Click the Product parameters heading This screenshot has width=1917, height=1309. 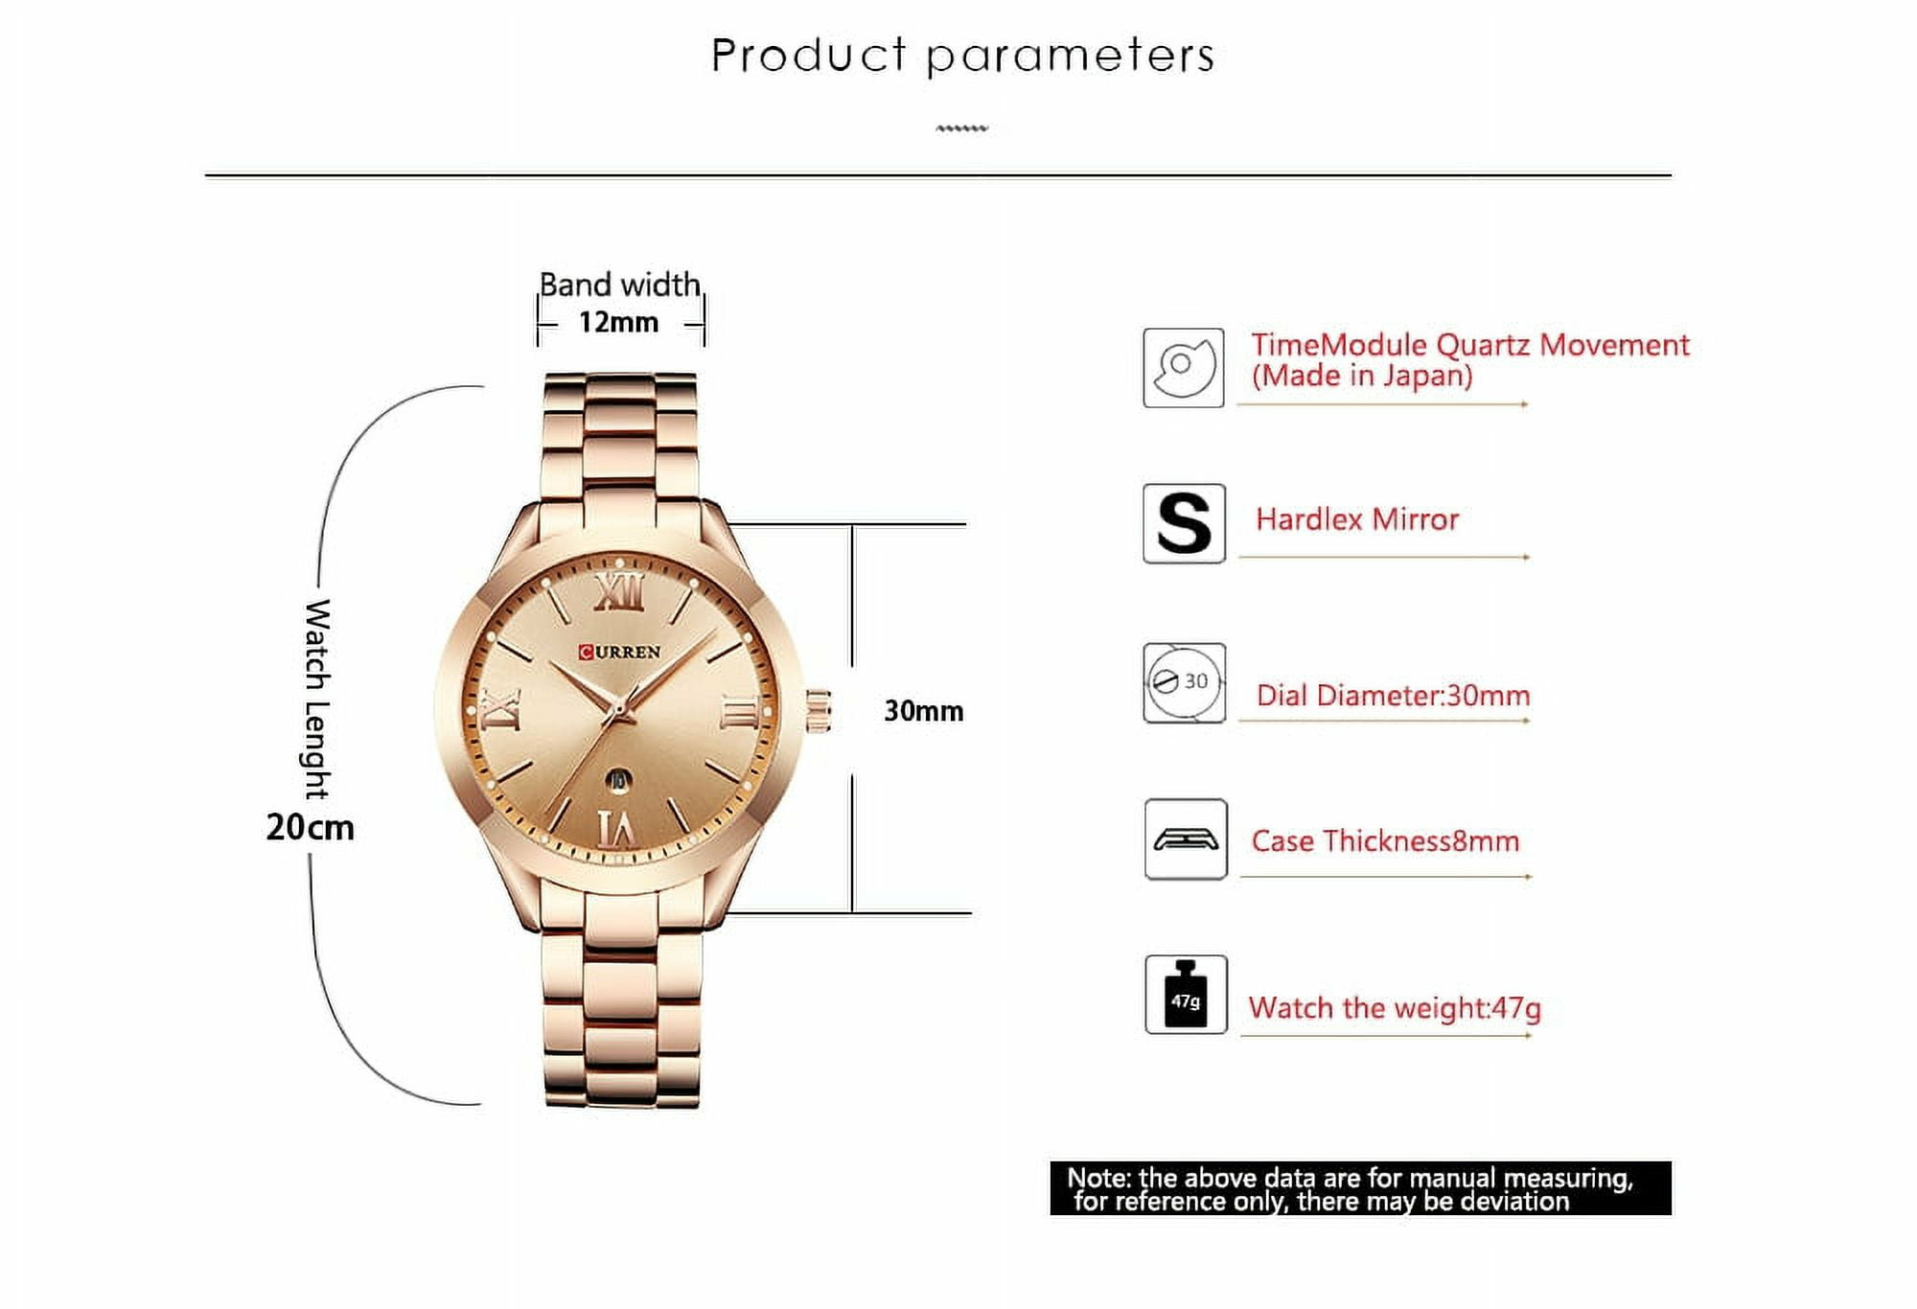962,56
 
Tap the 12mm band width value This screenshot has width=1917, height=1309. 618,322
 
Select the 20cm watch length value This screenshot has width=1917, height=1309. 310,827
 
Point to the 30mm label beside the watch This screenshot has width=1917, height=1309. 923,711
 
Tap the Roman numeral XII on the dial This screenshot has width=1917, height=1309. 618,592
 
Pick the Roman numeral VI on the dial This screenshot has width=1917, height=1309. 616,828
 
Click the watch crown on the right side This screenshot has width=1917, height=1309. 818,711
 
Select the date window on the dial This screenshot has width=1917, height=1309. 618,780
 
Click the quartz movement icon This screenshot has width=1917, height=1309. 1183,368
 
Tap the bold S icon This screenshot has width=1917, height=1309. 1184,523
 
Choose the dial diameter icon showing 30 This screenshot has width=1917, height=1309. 1184,682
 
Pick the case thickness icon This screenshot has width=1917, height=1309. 1186,839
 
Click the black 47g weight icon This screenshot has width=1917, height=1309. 1186,995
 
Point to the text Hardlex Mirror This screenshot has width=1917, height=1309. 1356,519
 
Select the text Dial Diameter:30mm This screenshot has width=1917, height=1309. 1393,696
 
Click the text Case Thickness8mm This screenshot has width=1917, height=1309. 1385,841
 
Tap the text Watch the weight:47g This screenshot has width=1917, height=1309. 1395,1008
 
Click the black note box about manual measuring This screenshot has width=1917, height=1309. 1360,1188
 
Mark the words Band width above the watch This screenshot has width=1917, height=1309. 619,285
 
